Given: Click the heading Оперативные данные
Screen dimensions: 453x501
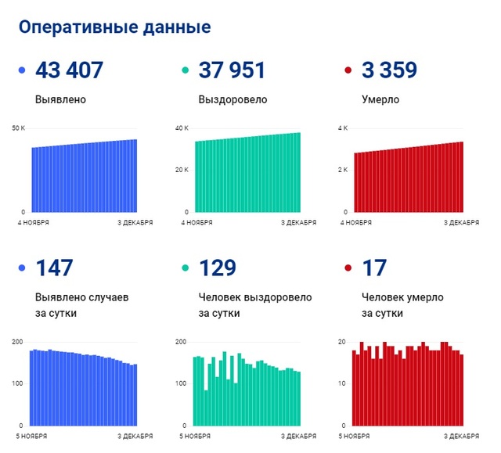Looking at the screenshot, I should tap(114, 27).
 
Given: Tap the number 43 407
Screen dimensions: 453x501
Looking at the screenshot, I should tap(69, 70).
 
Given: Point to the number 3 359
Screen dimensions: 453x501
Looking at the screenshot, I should tap(389, 70).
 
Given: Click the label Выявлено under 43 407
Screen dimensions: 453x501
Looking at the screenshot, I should tap(60, 100).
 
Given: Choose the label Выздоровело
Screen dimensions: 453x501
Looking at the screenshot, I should tap(232, 100).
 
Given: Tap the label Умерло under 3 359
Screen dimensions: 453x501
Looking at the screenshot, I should tap(380, 100).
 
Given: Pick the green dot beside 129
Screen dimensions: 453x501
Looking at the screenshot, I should tap(185, 268).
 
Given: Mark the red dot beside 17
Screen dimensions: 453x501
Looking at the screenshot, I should tap(348, 268).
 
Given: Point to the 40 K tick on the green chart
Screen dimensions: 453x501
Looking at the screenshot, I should tap(182, 128).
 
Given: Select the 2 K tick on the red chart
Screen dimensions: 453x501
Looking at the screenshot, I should tap(343, 171).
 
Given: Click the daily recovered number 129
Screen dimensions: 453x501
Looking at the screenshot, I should tap(218, 268).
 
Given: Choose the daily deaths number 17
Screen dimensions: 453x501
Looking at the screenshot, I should tap(373, 268).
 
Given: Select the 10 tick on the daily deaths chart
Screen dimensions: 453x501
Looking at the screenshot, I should tap(341, 383).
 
